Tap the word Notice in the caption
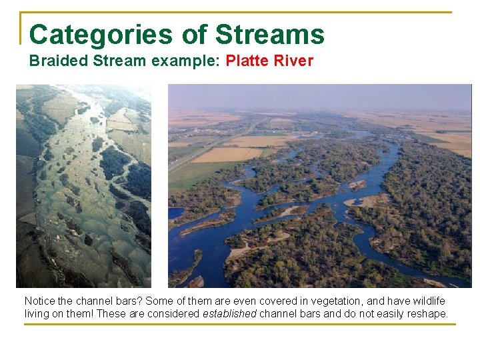coord(39,302)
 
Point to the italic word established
coord(229,314)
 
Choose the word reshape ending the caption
coord(429,314)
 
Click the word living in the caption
coord(37,314)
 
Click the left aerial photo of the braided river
coord(83,186)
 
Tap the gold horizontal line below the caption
coord(240,325)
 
